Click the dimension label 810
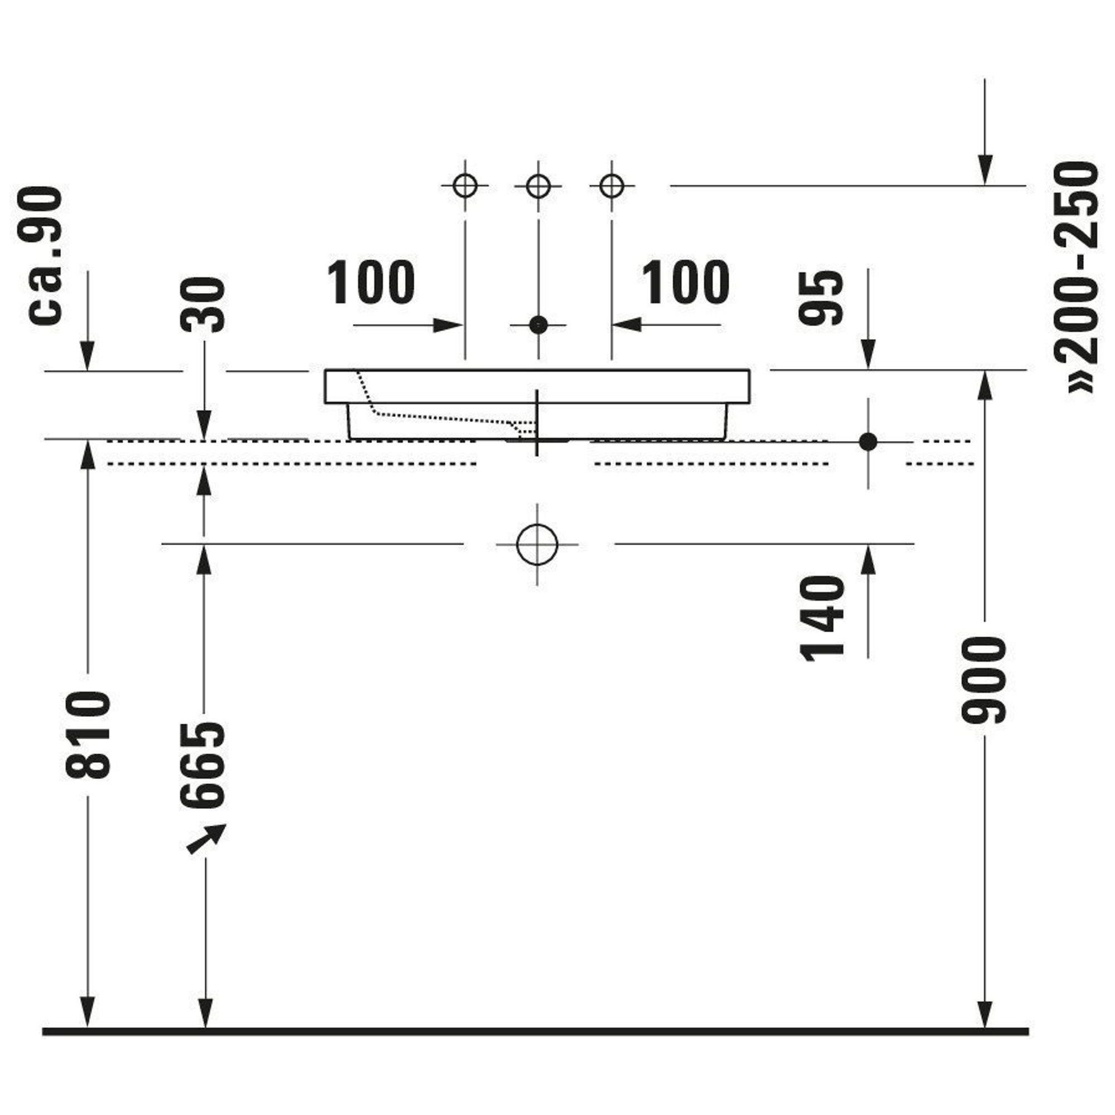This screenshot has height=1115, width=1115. tap(88, 734)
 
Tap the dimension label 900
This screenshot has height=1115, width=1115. tap(984, 679)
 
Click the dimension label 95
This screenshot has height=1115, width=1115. tap(821, 297)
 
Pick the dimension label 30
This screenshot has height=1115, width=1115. tap(202, 305)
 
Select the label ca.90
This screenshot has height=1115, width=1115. tap(46, 256)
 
